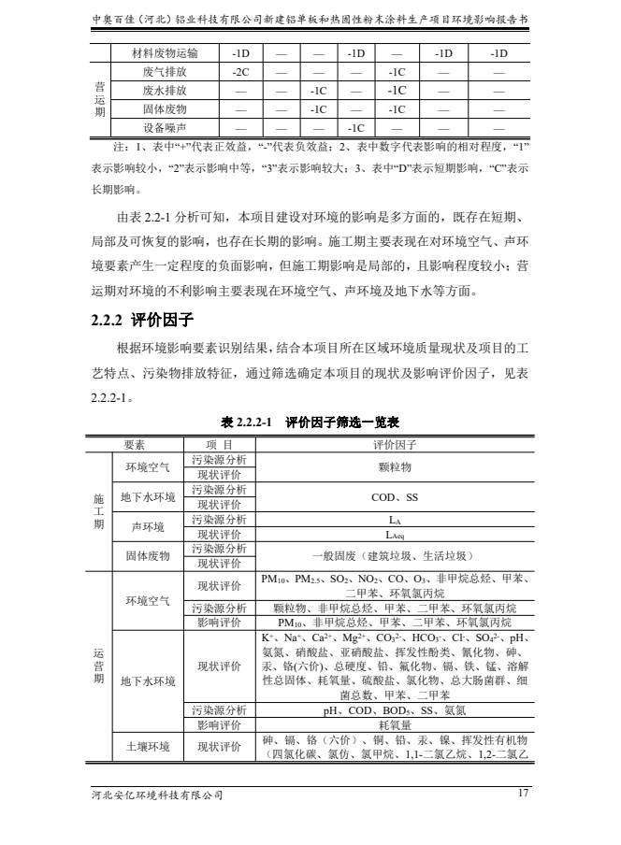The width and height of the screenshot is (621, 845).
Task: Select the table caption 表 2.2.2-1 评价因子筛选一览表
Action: tap(310, 422)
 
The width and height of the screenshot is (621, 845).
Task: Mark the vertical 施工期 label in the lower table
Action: tap(98, 512)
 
